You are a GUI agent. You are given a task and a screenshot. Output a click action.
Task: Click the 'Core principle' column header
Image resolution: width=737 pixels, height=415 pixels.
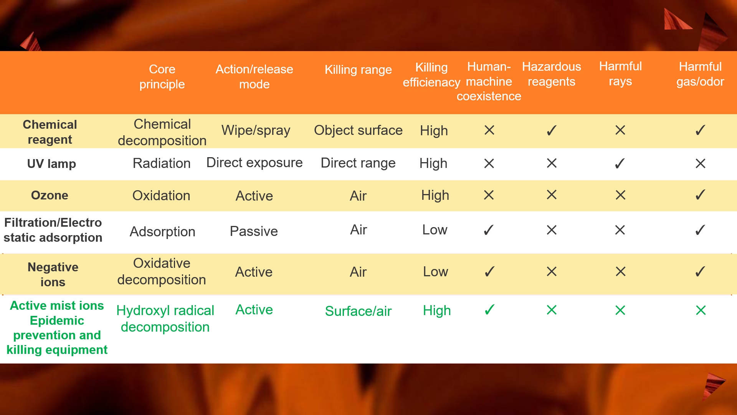(x=162, y=76)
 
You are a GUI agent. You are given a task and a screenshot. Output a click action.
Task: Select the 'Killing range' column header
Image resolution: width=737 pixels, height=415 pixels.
(x=358, y=70)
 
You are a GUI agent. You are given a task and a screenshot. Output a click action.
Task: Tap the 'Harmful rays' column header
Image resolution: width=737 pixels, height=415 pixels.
(x=620, y=73)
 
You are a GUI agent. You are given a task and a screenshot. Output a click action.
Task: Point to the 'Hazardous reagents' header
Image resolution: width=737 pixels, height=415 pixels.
(x=552, y=74)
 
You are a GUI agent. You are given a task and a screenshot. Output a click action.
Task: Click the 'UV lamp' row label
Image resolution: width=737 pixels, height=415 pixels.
(x=51, y=164)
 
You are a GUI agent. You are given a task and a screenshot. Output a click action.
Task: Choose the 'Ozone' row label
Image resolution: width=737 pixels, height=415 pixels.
(x=50, y=195)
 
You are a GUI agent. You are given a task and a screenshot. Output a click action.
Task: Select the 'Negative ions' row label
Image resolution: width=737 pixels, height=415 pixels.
(x=53, y=274)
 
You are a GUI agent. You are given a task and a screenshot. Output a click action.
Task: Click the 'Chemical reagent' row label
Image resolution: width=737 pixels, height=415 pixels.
(x=50, y=132)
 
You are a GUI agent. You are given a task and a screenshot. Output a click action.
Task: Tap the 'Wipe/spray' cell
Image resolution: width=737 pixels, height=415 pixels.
(x=256, y=131)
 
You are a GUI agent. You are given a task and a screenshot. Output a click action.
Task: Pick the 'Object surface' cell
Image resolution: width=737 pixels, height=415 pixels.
(x=358, y=130)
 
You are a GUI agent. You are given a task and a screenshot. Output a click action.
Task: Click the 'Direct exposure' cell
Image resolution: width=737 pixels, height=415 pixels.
(x=254, y=163)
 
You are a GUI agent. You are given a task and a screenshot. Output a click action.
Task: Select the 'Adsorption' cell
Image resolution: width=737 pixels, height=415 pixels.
(x=162, y=232)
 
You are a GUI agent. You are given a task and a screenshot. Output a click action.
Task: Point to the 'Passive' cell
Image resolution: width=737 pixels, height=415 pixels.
(x=254, y=231)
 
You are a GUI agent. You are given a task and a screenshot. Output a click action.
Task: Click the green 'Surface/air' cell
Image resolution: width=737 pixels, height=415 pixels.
(x=358, y=311)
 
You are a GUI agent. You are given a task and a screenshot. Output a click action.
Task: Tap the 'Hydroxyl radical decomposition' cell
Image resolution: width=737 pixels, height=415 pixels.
(x=165, y=319)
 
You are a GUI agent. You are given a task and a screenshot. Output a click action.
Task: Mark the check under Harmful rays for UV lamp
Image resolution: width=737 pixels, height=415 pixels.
(x=620, y=163)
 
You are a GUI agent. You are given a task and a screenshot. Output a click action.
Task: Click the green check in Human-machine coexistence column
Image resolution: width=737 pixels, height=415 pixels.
(x=489, y=310)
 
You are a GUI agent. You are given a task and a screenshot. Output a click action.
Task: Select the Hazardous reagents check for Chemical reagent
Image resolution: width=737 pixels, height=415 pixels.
(x=552, y=131)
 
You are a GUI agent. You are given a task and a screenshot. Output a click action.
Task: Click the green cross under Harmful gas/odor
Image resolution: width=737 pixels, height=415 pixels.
(x=701, y=310)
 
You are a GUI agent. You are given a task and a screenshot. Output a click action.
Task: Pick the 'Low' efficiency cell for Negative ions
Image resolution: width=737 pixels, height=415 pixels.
(x=435, y=272)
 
